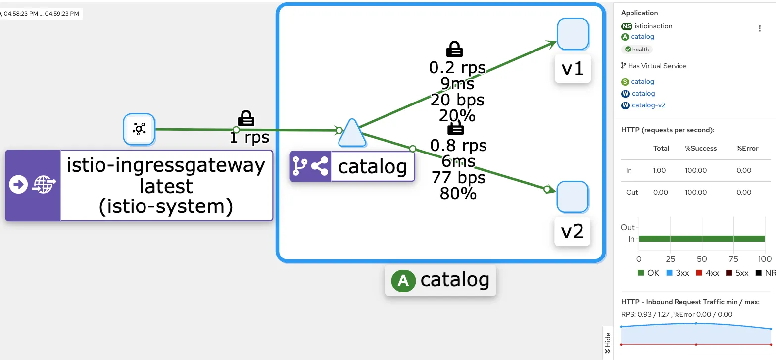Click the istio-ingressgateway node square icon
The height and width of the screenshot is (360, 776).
[x=139, y=129]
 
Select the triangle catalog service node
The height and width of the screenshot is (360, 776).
[x=352, y=134]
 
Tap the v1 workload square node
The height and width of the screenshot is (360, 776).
[x=573, y=34]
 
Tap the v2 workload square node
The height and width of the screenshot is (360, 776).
[x=573, y=197]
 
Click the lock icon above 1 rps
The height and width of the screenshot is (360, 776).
[x=246, y=118]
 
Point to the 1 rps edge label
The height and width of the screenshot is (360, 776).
[x=249, y=137]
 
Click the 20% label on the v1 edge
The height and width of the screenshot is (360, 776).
[x=457, y=115]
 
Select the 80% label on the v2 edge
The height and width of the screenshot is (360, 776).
[x=458, y=193]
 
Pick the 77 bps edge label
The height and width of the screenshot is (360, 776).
[x=458, y=177]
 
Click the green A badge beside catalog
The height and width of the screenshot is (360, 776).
[x=403, y=281]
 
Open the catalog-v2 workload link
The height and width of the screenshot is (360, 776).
[x=649, y=105]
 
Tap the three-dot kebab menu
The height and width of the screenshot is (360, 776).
[x=760, y=28]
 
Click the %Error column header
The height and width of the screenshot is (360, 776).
[x=747, y=148]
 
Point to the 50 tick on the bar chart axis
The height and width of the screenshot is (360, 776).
[x=702, y=259]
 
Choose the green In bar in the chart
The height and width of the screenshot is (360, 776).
[x=702, y=239]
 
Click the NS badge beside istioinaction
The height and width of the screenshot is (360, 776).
[x=627, y=26]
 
